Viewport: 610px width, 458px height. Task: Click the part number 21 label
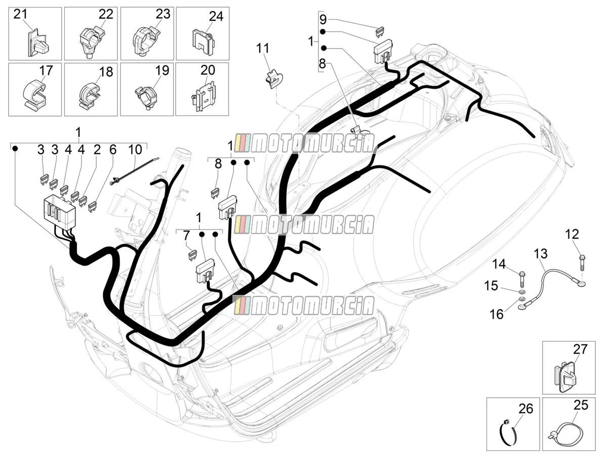pos(21,14)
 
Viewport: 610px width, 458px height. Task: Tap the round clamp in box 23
pos(146,41)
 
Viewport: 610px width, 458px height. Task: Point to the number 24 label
pos(216,16)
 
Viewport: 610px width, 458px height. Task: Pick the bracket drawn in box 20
pos(203,96)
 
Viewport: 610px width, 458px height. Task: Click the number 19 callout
pos(162,70)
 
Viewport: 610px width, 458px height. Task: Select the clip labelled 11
pos(274,79)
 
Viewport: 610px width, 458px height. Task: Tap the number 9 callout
pos(323,19)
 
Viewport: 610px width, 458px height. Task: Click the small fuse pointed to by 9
pos(380,31)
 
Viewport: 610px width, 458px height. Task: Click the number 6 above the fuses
pos(113,149)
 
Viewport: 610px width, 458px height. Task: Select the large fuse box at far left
pos(59,209)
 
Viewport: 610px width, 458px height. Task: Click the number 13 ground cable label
pos(541,254)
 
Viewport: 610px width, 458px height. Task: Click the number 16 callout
pos(496,314)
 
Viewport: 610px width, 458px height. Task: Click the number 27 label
pos(580,349)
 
